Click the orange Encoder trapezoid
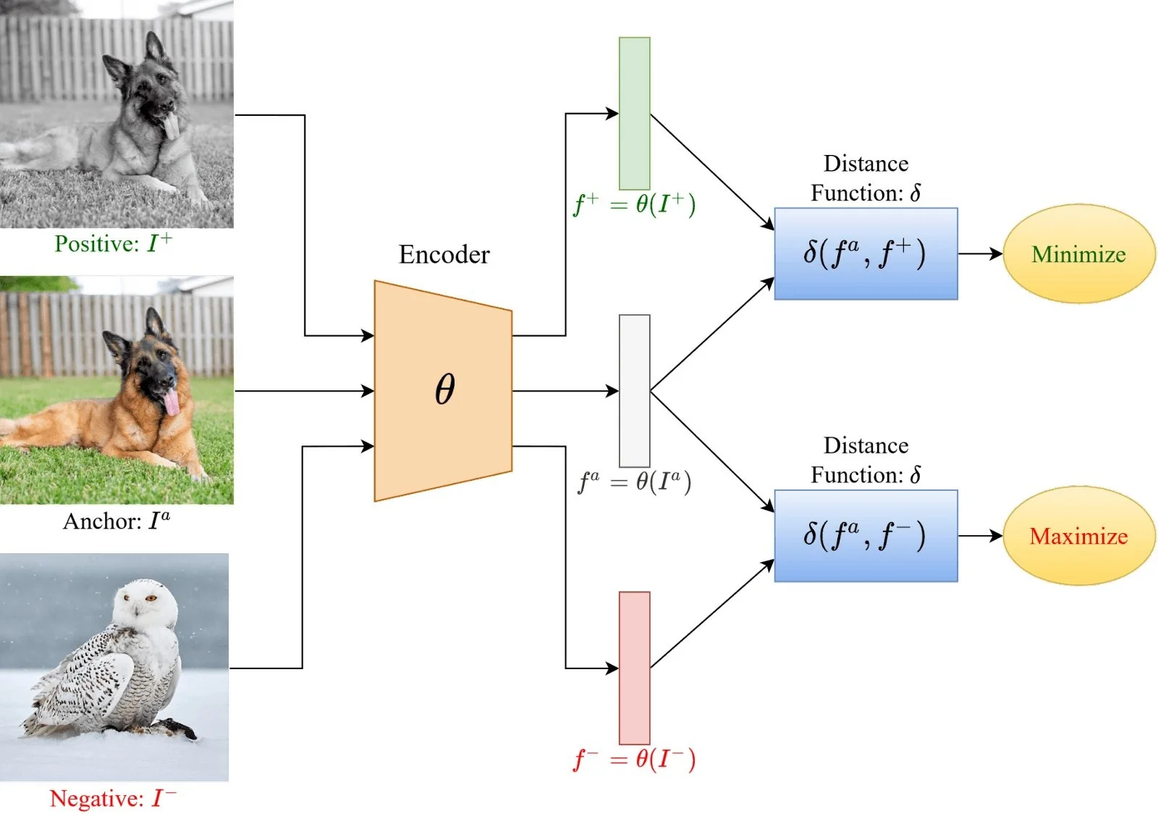pos(443,390)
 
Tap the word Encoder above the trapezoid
pos(444,255)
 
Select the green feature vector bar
pos(634,114)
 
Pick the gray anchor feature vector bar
pos(634,391)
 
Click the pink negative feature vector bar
pos(634,668)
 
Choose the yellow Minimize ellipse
pos(1078,254)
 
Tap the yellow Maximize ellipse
pos(1078,536)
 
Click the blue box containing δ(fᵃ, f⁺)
pos(866,254)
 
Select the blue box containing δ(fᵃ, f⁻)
pos(866,536)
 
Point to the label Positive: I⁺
pos(114,243)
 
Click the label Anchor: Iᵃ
pos(117,521)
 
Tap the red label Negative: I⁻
pos(113,798)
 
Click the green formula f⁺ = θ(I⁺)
pos(635,204)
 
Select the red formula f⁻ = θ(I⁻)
pos(635,759)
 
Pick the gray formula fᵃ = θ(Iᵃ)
pos(635,482)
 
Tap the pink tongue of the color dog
pos(172,403)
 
